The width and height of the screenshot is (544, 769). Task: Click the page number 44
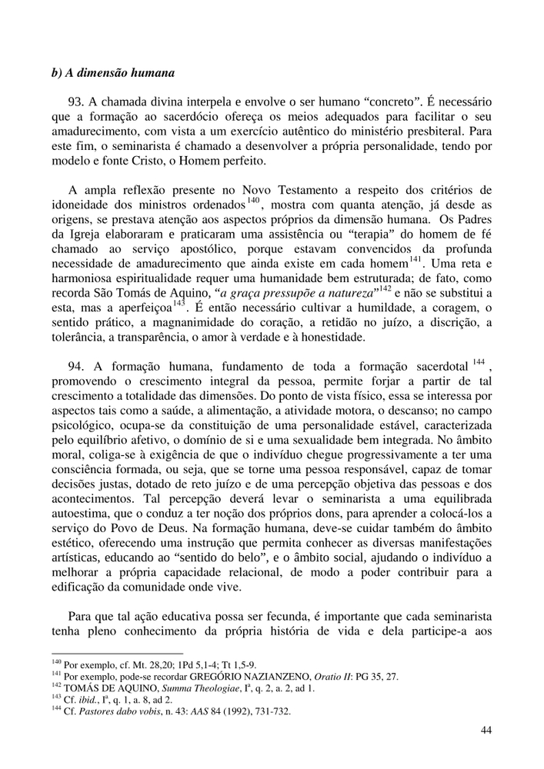485,730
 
